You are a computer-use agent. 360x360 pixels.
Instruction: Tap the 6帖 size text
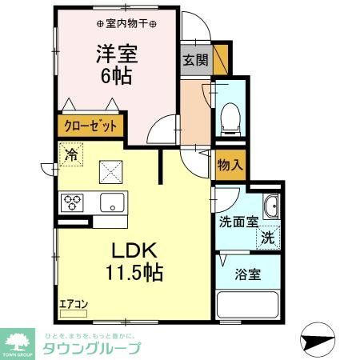pos(117,78)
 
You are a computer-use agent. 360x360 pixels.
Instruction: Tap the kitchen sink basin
pos(111,202)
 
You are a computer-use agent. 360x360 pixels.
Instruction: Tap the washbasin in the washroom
pos(270,206)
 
